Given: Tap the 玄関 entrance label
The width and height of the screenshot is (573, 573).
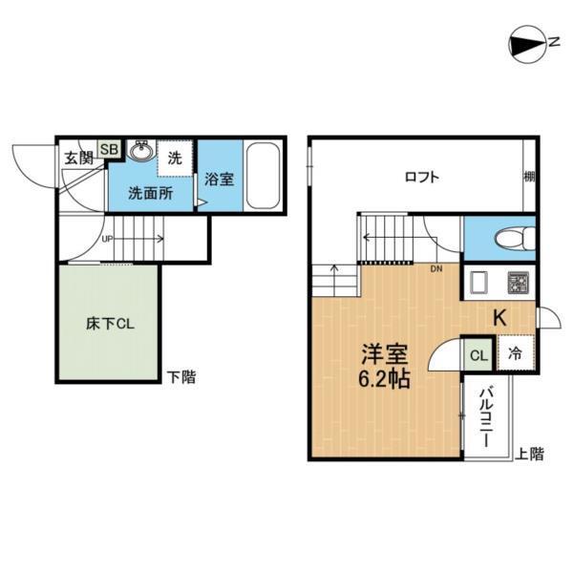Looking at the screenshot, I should (x=79, y=157).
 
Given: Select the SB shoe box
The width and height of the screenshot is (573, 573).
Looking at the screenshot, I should (x=108, y=150).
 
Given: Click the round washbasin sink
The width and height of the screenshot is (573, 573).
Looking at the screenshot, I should (x=141, y=152).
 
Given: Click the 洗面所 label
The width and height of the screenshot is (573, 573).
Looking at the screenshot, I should (x=150, y=192).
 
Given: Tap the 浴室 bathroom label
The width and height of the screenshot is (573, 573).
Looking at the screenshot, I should (x=219, y=179).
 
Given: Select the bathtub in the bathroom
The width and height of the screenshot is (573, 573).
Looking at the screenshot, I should (x=262, y=176).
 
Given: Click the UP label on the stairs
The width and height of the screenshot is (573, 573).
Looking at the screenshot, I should (x=107, y=240).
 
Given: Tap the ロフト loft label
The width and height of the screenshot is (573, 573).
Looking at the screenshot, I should (x=421, y=177).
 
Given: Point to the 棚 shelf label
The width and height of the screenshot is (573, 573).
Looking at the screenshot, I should (x=528, y=177).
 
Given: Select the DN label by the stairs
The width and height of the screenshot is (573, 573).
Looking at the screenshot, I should (x=435, y=269).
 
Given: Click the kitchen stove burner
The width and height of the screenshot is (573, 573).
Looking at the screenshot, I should (x=519, y=284).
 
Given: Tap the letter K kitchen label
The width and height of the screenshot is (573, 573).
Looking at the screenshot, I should (x=499, y=319).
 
